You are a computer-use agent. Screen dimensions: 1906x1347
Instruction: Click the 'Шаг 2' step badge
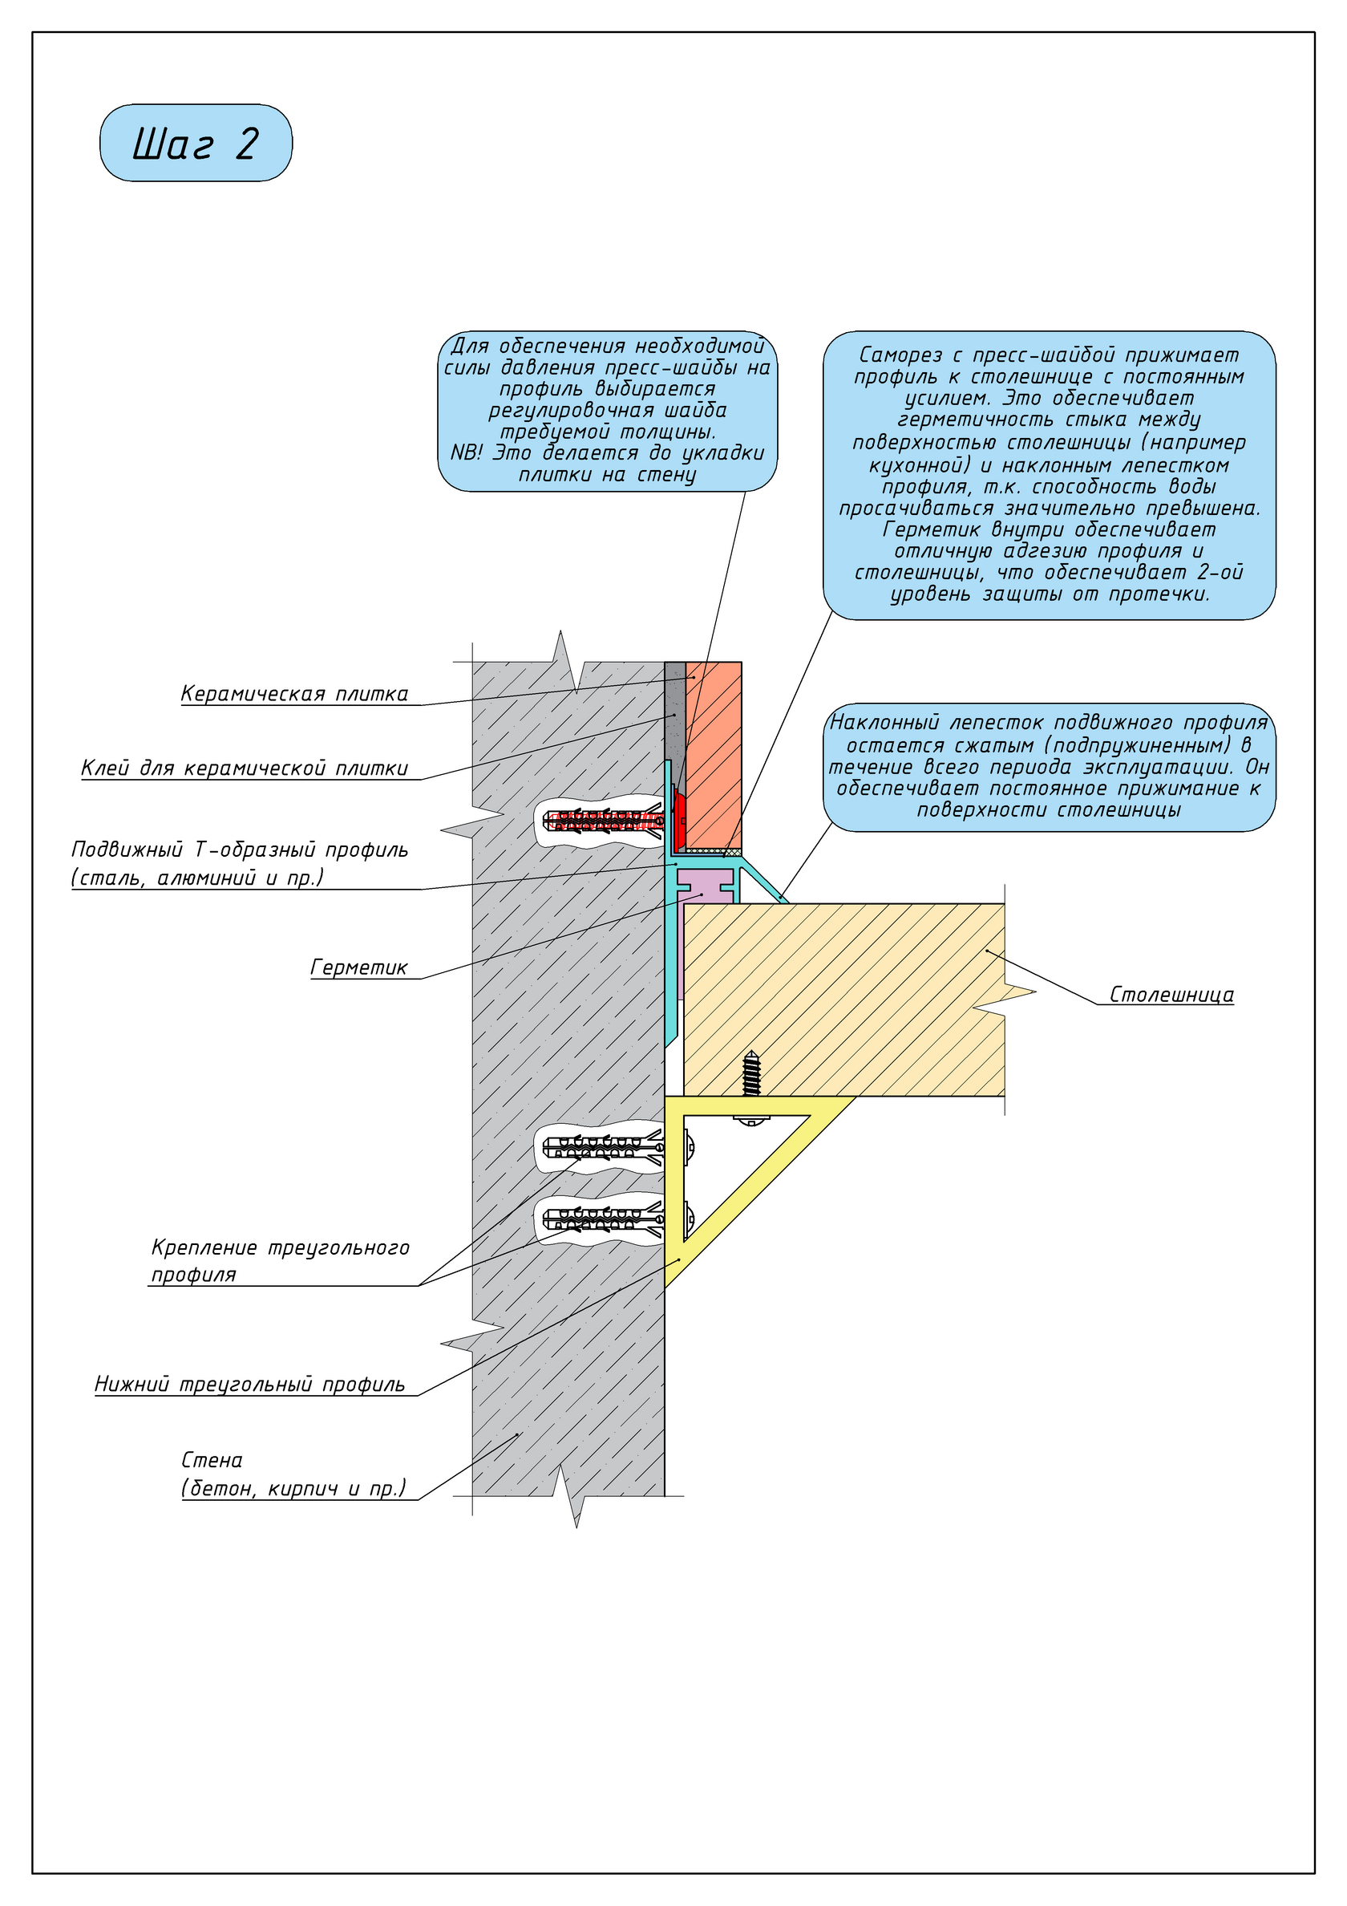point(196,143)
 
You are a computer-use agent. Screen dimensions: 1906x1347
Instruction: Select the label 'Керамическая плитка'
point(294,694)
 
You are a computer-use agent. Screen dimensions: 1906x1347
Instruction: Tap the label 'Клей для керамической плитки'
point(245,768)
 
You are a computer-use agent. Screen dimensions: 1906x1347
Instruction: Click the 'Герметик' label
point(359,968)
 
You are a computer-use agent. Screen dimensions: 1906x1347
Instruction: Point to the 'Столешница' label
point(1171,995)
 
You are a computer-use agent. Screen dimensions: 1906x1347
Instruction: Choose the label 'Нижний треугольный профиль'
point(250,1385)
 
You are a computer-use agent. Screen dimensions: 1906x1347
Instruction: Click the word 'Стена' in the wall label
point(212,1460)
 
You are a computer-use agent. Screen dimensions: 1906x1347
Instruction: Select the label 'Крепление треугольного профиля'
point(280,1260)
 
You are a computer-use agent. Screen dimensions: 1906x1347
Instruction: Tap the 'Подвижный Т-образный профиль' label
point(240,863)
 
